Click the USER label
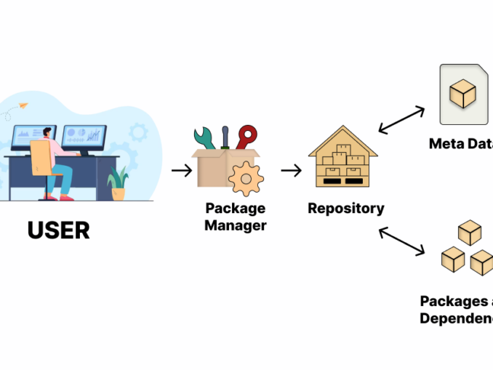59,230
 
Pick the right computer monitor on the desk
84,136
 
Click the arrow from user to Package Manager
182,171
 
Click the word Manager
235,225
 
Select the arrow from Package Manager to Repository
292,171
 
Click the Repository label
345,209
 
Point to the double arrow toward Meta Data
401,120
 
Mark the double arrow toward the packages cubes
401,241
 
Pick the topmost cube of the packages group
469,233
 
